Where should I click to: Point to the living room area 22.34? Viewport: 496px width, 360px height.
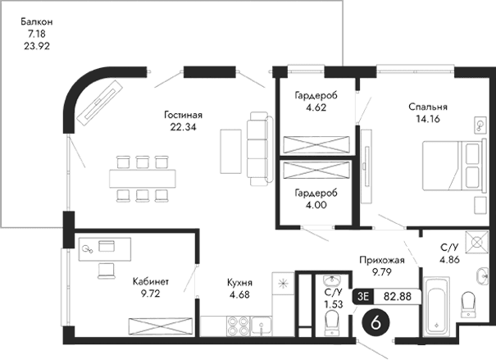pos(181,127)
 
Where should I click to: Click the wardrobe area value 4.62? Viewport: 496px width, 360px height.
pos(316,107)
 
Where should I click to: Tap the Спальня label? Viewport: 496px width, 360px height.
pos(428,107)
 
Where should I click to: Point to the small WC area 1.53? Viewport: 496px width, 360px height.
pos(333,303)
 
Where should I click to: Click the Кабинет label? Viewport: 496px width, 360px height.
pos(150,280)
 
